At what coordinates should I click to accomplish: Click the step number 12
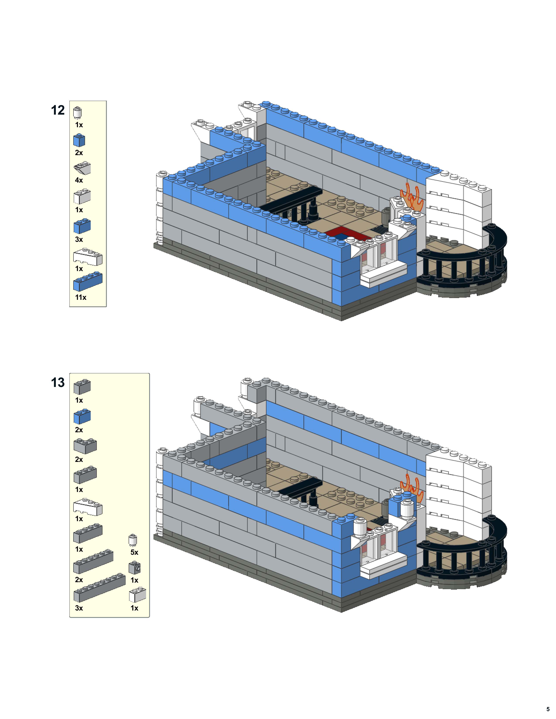click(58, 110)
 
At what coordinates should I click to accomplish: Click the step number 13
click(58, 383)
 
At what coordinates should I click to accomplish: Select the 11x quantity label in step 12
click(80, 297)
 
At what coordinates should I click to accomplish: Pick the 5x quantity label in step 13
click(134, 552)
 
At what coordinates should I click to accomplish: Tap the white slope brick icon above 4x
click(82, 168)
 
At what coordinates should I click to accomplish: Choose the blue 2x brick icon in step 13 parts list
click(82, 416)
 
